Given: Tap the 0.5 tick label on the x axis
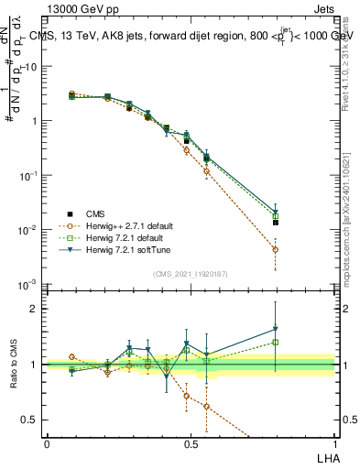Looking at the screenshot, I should [x=191, y=443].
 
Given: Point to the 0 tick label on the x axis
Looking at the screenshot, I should [x=47, y=443].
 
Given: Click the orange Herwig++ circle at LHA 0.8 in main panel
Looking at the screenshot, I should [x=275, y=249].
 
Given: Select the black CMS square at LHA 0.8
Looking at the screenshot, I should [x=275, y=223].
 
